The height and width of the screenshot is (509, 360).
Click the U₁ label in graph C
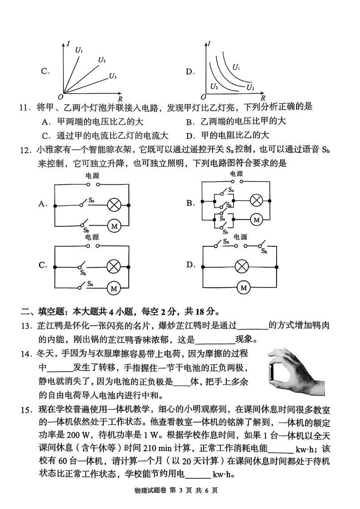79,50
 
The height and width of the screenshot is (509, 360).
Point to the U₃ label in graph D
250,87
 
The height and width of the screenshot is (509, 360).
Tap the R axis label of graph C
120,98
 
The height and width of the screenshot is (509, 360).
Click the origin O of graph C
60,97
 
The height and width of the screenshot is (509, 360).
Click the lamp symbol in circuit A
113,205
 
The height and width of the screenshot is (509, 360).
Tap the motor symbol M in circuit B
257,220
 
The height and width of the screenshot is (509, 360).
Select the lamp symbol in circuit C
113,266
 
